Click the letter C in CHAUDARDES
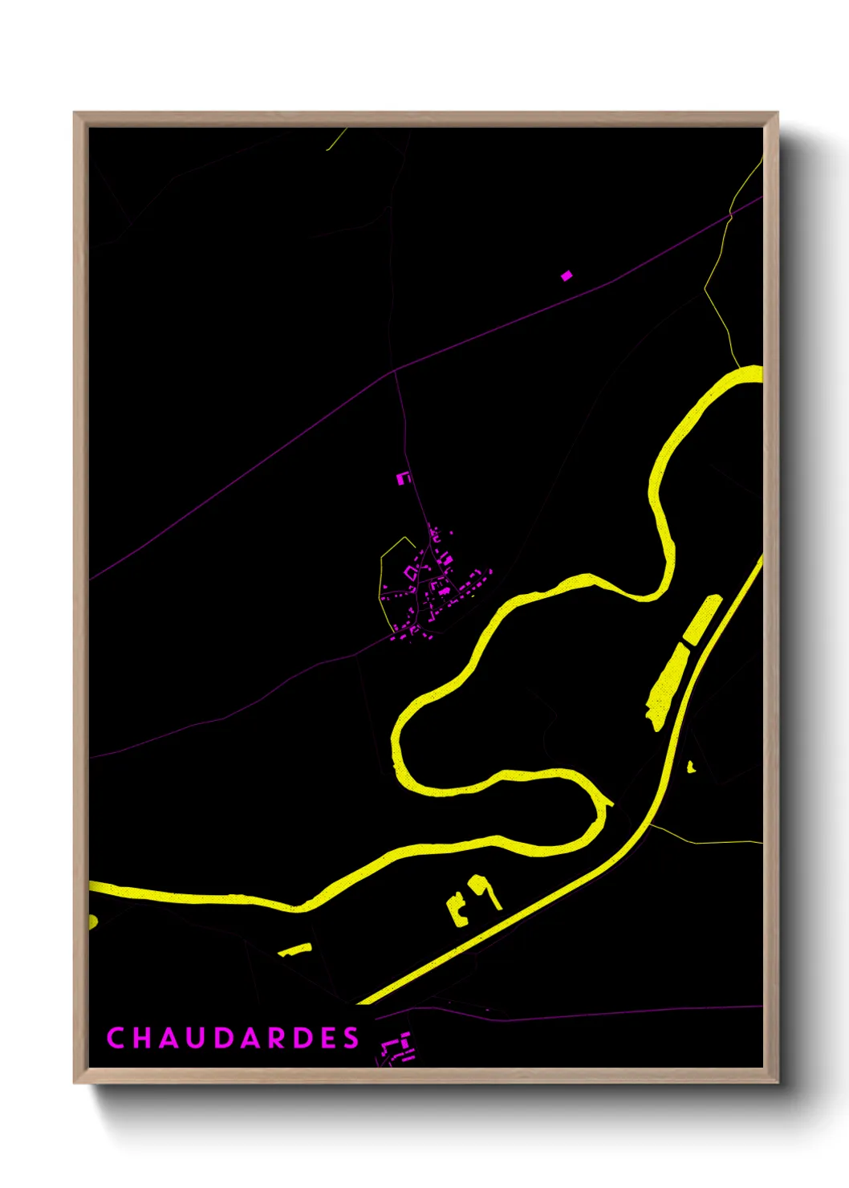[x=115, y=1038]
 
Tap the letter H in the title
[x=143, y=1038]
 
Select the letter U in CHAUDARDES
[x=202, y=1038]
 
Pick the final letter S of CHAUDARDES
[x=351, y=1038]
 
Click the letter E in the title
[x=325, y=1038]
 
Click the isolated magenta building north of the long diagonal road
[x=567, y=275]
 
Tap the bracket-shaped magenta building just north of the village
[x=403, y=478]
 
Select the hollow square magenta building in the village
[x=411, y=572]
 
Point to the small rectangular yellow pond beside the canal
[x=702, y=620]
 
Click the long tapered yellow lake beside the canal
[x=667, y=686]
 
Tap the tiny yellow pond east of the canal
[x=691, y=767]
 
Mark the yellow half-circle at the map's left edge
[x=92, y=921]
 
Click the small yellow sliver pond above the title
[x=295, y=950]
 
